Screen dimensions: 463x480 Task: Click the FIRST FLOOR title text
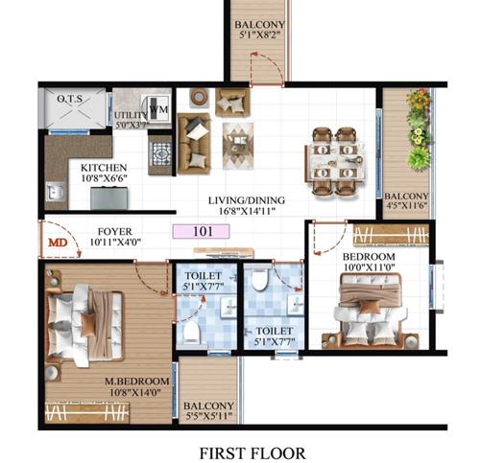[252, 451]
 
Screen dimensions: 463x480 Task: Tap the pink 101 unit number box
[202, 231]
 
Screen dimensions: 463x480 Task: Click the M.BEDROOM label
[137, 382]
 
